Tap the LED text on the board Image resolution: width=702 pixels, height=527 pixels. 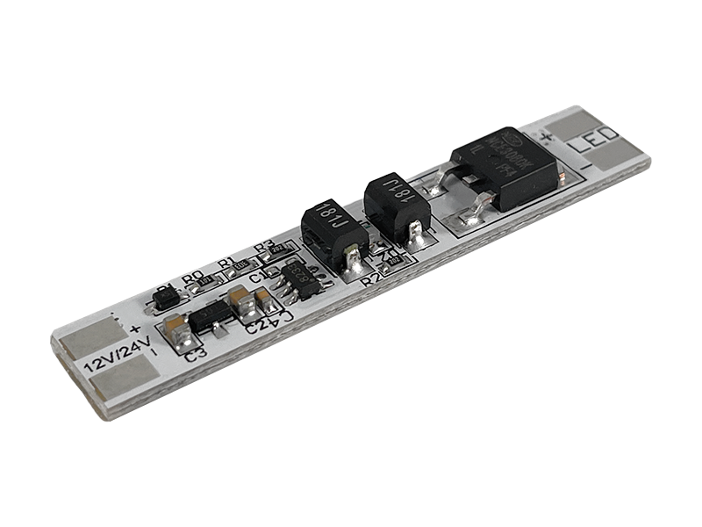[597, 142]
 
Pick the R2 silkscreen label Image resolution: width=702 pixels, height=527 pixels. [370, 279]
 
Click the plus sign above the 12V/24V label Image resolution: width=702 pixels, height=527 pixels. [134, 329]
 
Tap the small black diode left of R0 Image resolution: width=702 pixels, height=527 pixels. [165, 297]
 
